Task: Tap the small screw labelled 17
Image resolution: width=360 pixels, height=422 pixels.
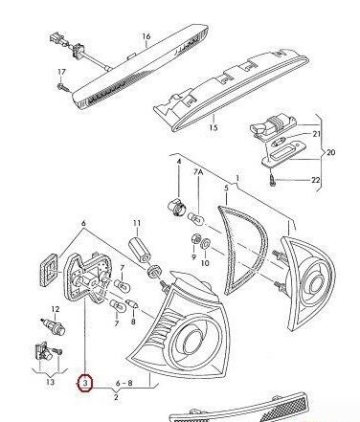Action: point(61,87)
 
